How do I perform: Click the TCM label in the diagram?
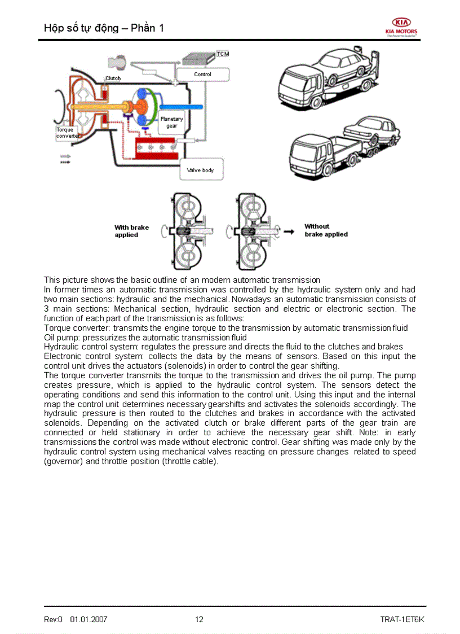223,54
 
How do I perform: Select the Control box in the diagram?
202,75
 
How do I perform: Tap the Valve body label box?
200,169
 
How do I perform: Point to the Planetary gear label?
171,123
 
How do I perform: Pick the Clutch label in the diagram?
113,78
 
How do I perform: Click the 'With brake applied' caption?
131,231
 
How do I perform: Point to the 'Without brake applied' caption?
325,230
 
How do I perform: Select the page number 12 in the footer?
199,619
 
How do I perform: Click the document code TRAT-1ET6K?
402,619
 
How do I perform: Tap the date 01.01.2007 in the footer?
89,619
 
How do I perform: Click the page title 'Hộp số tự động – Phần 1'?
104,28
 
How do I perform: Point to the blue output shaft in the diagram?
181,107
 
